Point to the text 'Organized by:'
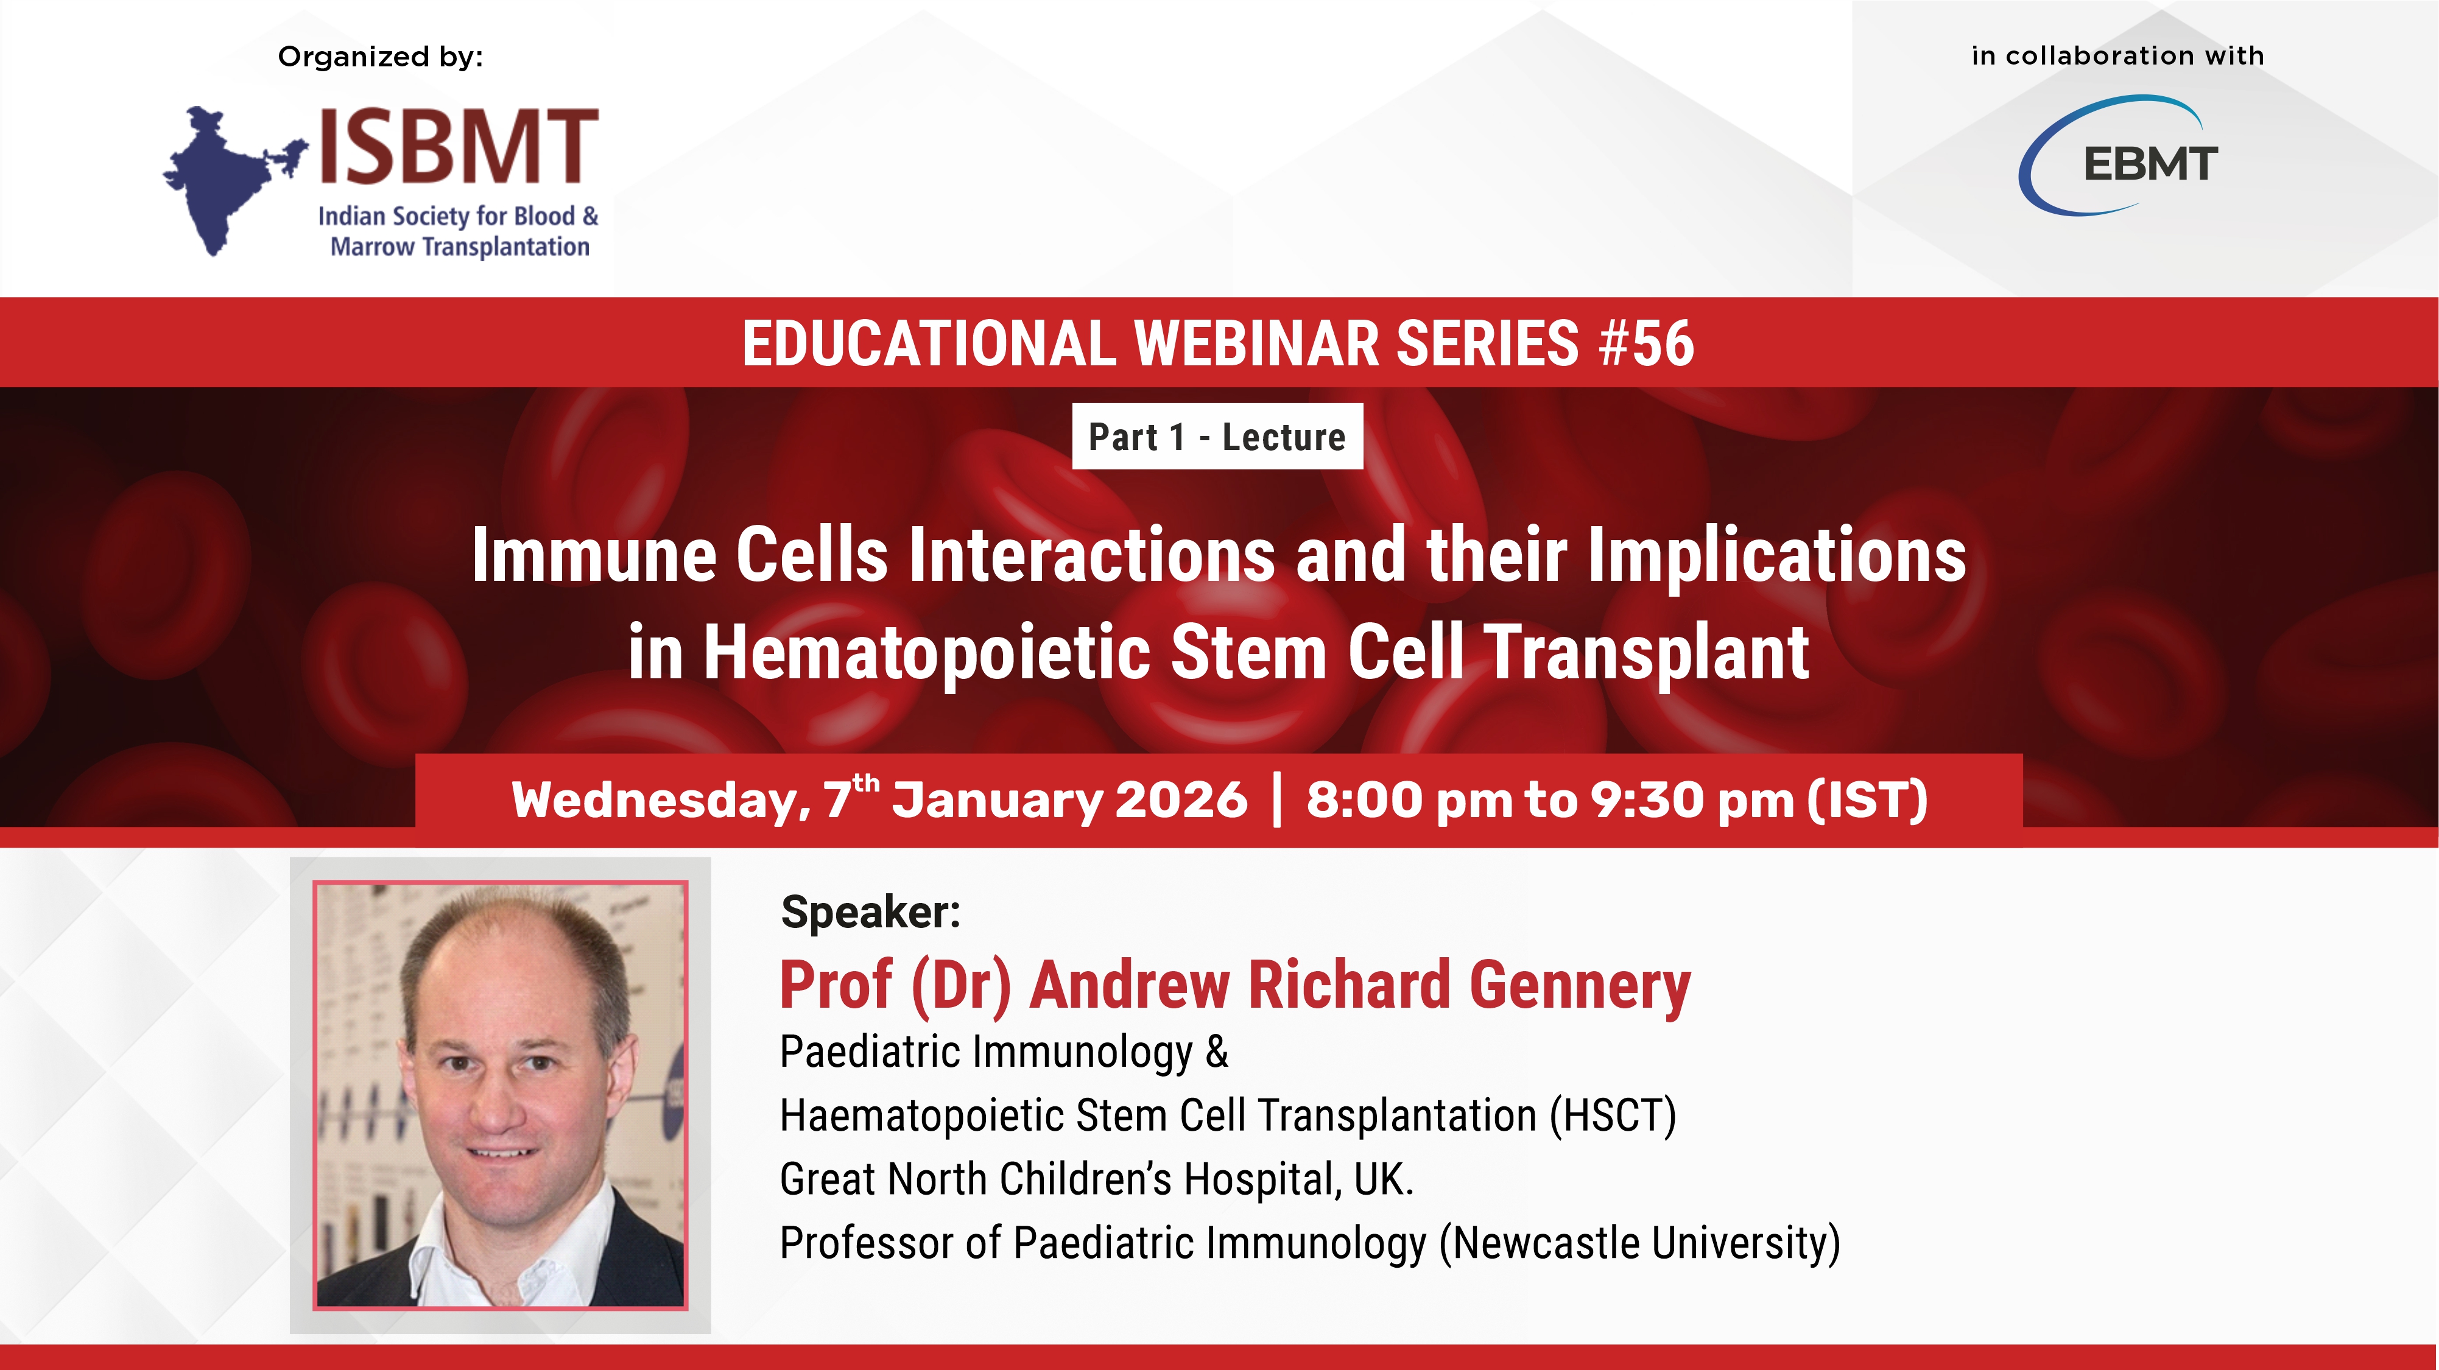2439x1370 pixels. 381,57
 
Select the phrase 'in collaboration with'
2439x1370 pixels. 2118,56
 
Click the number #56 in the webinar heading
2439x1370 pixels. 1645,343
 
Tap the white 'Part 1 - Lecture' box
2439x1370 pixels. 1217,437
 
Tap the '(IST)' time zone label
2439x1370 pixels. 1867,800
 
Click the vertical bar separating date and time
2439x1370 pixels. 1277,800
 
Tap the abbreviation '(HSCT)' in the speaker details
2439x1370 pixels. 1613,1115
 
